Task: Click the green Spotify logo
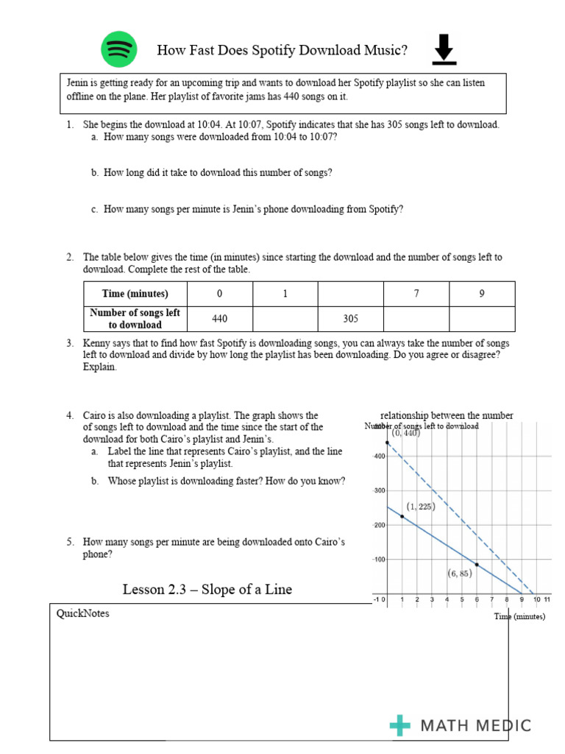pos(119,50)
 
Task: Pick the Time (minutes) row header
pos(135,293)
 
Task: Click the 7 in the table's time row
pos(416,293)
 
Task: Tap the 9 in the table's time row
pos(482,293)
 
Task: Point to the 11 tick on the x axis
pos(547,600)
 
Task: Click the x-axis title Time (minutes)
pos(520,616)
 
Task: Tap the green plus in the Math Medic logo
pos(400,725)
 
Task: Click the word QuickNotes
pos(82,613)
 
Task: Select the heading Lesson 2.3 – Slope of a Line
pos(207,589)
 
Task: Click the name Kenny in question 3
pos(97,343)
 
